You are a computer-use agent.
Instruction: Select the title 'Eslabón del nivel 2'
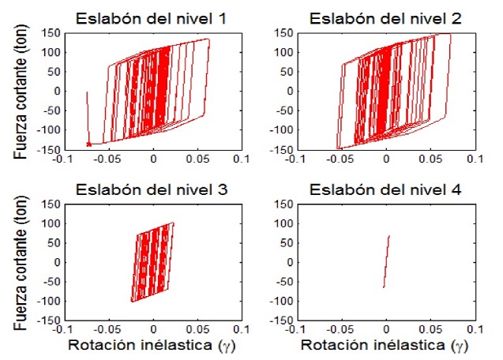(x=385, y=18)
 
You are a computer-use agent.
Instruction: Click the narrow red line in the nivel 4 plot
(x=386, y=261)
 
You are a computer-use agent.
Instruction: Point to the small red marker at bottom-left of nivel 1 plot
(x=89, y=144)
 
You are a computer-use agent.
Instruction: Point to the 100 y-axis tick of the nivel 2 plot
(x=283, y=53)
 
